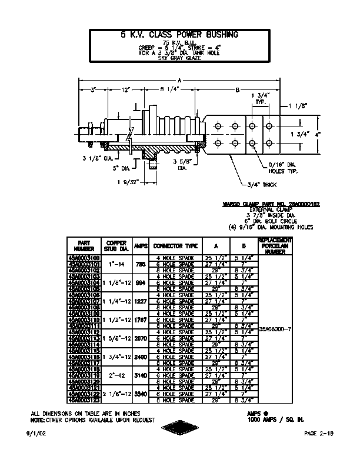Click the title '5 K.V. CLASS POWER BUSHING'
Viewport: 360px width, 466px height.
[179, 35]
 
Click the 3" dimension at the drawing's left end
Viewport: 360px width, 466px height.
[93, 90]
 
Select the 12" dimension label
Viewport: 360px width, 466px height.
[126, 90]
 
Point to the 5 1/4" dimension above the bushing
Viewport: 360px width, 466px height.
[170, 90]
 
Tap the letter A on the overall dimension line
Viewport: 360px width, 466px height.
[179, 79]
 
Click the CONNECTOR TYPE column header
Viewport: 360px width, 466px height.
[175, 246]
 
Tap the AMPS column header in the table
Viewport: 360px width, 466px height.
[141, 246]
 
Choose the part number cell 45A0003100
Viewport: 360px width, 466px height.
[84, 258]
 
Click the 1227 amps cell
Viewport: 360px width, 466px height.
[141, 301]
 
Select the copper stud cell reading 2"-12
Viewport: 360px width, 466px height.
[112, 374]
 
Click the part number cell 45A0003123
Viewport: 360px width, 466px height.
[84, 400]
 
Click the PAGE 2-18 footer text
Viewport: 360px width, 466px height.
[319, 433]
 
